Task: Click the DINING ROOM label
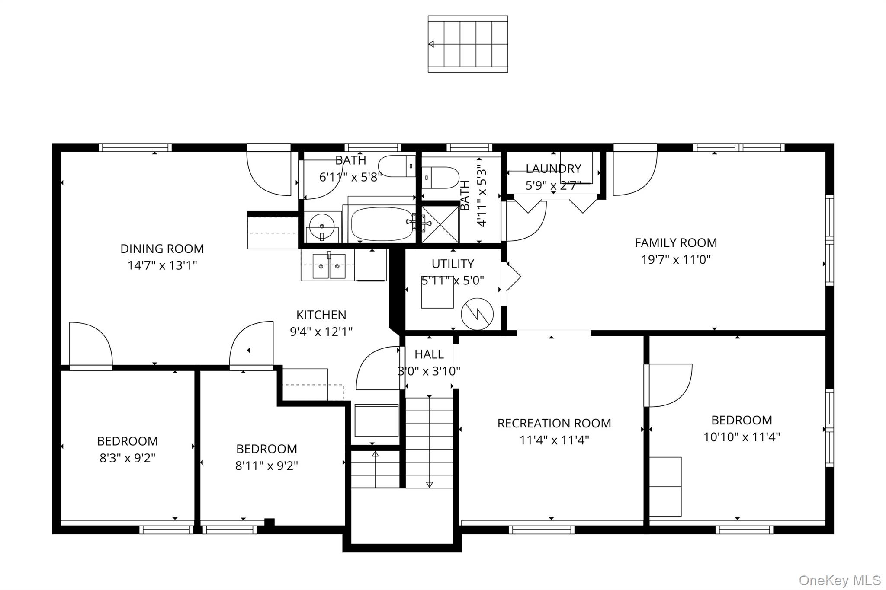162,249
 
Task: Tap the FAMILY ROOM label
676,243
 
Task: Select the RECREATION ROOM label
554,423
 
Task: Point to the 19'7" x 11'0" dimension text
676,260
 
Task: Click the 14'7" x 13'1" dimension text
162,265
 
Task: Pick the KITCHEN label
321,315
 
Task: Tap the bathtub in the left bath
382,224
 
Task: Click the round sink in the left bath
322,226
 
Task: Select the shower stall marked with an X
440,225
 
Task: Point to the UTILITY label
453,264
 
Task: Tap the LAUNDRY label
553,169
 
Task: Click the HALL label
429,354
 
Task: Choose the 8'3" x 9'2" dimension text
127,458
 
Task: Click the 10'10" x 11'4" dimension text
742,437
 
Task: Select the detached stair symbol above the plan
468,44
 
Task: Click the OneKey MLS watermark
839,580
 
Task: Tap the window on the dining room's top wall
135,147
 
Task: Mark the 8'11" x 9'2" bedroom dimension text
266,466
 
